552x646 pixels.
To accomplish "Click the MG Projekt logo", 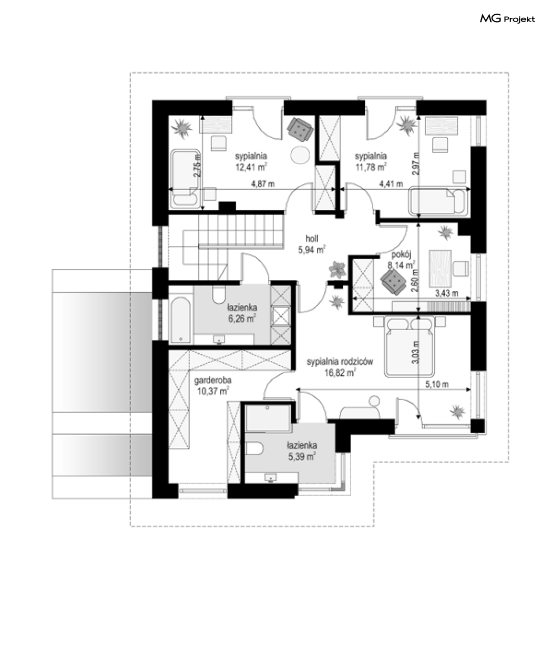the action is click(x=507, y=19).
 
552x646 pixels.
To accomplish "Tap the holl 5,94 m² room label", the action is click(x=311, y=244).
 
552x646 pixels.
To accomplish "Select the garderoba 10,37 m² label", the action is click(x=212, y=385).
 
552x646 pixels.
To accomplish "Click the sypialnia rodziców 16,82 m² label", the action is click(x=340, y=367).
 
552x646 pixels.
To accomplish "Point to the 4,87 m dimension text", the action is click(x=263, y=184).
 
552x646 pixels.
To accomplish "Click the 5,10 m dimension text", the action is click(x=437, y=384).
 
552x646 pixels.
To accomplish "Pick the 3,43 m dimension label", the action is click(x=447, y=293).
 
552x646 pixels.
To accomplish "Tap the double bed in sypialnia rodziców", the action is click(x=410, y=346).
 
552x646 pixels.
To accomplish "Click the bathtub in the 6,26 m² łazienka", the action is click(x=181, y=320).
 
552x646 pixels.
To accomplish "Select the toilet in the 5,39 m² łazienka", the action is click(x=254, y=448).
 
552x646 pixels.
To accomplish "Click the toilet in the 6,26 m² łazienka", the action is click(x=219, y=295).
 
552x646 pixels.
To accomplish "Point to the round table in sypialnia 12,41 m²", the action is click(x=300, y=155).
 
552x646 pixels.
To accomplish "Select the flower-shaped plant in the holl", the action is click(x=338, y=270).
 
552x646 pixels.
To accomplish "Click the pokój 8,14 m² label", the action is click(x=401, y=260).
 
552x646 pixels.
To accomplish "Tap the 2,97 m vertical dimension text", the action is click(x=415, y=164).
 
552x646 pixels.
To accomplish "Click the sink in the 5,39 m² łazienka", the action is click(x=270, y=478).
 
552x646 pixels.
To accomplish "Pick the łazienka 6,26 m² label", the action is click(x=242, y=313).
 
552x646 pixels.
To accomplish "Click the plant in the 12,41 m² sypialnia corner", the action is click(x=182, y=128).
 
